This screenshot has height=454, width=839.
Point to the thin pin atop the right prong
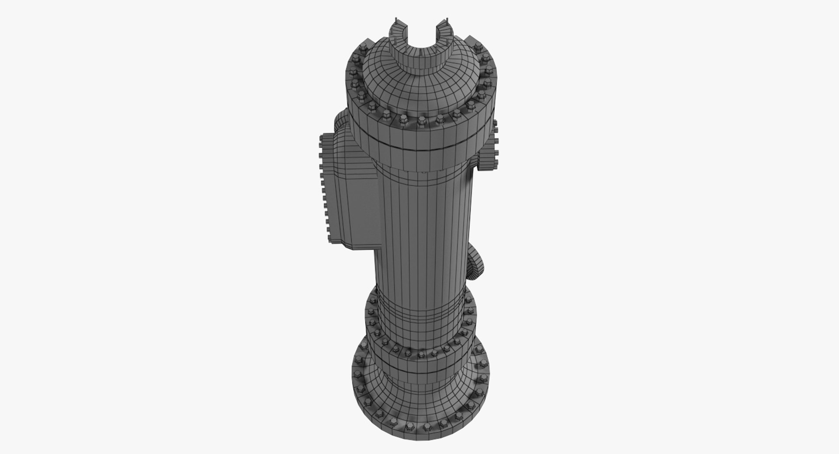click(x=448, y=21)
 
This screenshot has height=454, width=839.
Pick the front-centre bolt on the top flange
click(x=422, y=120)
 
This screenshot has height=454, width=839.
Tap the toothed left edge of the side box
click(x=322, y=188)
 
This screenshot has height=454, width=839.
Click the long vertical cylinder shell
click(x=422, y=227)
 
